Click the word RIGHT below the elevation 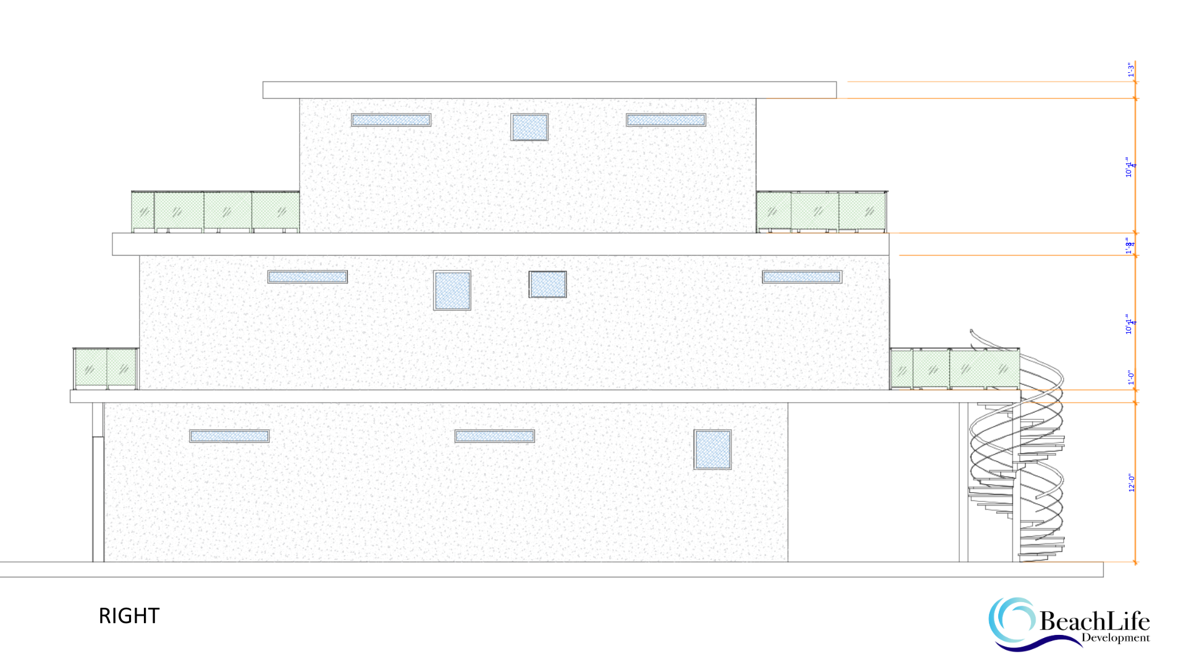point(129,616)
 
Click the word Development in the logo point(1116,638)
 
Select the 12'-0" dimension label point(1132,483)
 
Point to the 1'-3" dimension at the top point(1130,70)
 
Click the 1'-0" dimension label point(1131,377)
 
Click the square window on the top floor point(529,127)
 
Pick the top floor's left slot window point(391,120)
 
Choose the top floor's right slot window point(666,120)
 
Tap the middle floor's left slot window point(308,277)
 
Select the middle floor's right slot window point(802,277)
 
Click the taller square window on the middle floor point(452,290)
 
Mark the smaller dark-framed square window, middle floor point(548,284)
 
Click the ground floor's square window point(712,450)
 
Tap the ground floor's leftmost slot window point(229,436)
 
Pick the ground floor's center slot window point(495,436)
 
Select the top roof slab point(549,90)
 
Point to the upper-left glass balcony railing point(215,212)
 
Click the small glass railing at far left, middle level point(106,369)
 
